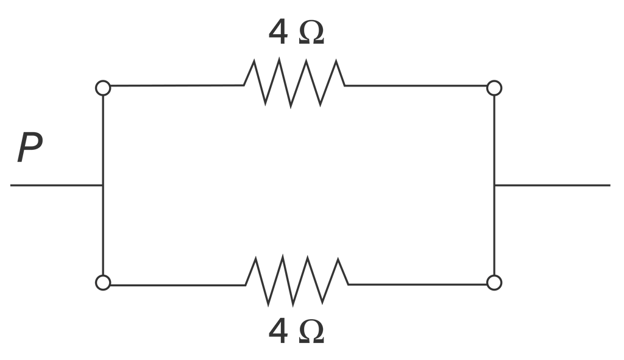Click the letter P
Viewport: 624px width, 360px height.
pyautogui.click(x=30, y=147)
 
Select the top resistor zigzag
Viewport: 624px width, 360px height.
pyautogui.click(x=294, y=83)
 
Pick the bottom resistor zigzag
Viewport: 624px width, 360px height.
pyautogui.click(x=297, y=280)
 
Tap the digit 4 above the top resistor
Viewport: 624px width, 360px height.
pyautogui.click(x=278, y=32)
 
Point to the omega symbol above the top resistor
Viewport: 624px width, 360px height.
pyautogui.click(x=311, y=33)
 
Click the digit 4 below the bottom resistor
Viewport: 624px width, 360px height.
pyautogui.click(x=278, y=332)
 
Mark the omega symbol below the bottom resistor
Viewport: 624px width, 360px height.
pyautogui.click(x=311, y=333)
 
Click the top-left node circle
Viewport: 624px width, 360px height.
pyautogui.click(x=103, y=88)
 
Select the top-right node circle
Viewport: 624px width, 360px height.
pyautogui.click(x=494, y=88)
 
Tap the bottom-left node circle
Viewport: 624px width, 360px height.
pyautogui.click(x=103, y=283)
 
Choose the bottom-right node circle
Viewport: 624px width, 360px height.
pyautogui.click(x=494, y=283)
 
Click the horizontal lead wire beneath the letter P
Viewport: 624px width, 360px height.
pyautogui.click(x=57, y=185)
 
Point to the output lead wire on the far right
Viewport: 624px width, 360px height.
pyautogui.click(x=552, y=185)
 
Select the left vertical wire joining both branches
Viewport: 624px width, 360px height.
pyautogui.click(x=103, y=185)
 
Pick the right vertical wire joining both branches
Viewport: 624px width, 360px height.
pyautogui.click(x=494, y=185)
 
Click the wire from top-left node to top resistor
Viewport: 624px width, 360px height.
pyautogui.click(x=177, y=85)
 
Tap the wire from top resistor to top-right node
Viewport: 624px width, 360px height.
pyautogui.click(x=416, y=85)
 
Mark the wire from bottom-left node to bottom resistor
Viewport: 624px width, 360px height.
pyautogui.click(x=179, y=285)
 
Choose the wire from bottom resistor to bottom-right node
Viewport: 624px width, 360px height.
pyautogui.click(x=417, y=284)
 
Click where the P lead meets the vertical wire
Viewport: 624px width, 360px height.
pyautogui.click(x=103, y=185)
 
